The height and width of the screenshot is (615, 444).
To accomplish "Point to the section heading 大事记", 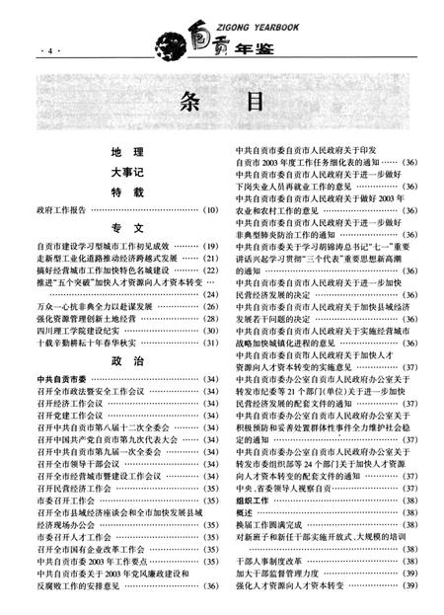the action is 127,172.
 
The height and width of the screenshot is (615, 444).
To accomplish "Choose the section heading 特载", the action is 127,191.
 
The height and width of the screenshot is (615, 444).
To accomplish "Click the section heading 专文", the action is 127,227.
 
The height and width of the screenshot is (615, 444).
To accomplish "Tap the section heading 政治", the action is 127,361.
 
